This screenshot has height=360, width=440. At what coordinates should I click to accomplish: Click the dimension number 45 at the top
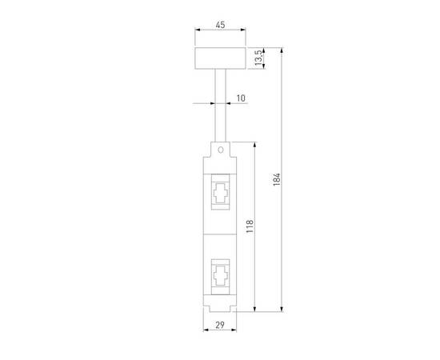tap(220, 25)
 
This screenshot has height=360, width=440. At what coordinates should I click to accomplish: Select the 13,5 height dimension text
tap(258, 59)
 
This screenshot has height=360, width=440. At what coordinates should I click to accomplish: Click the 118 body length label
tap(249, 227)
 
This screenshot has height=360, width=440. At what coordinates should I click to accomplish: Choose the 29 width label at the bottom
tap(219, 327)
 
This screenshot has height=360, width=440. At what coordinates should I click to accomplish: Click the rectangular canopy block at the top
tap(220, 59)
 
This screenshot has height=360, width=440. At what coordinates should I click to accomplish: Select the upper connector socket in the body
tap(220, 193)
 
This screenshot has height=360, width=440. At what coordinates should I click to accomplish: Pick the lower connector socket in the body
tap(220, 276)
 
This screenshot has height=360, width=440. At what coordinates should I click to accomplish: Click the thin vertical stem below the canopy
tap(220, 104)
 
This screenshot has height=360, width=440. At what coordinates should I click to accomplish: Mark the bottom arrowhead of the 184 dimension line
tap(283, 310)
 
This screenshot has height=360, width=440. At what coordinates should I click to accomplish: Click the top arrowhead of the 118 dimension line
tap(255, 145)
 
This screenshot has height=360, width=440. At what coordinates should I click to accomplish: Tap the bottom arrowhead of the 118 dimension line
tap(255, 310)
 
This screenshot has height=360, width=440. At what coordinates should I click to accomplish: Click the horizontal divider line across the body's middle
tap(220, 234)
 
